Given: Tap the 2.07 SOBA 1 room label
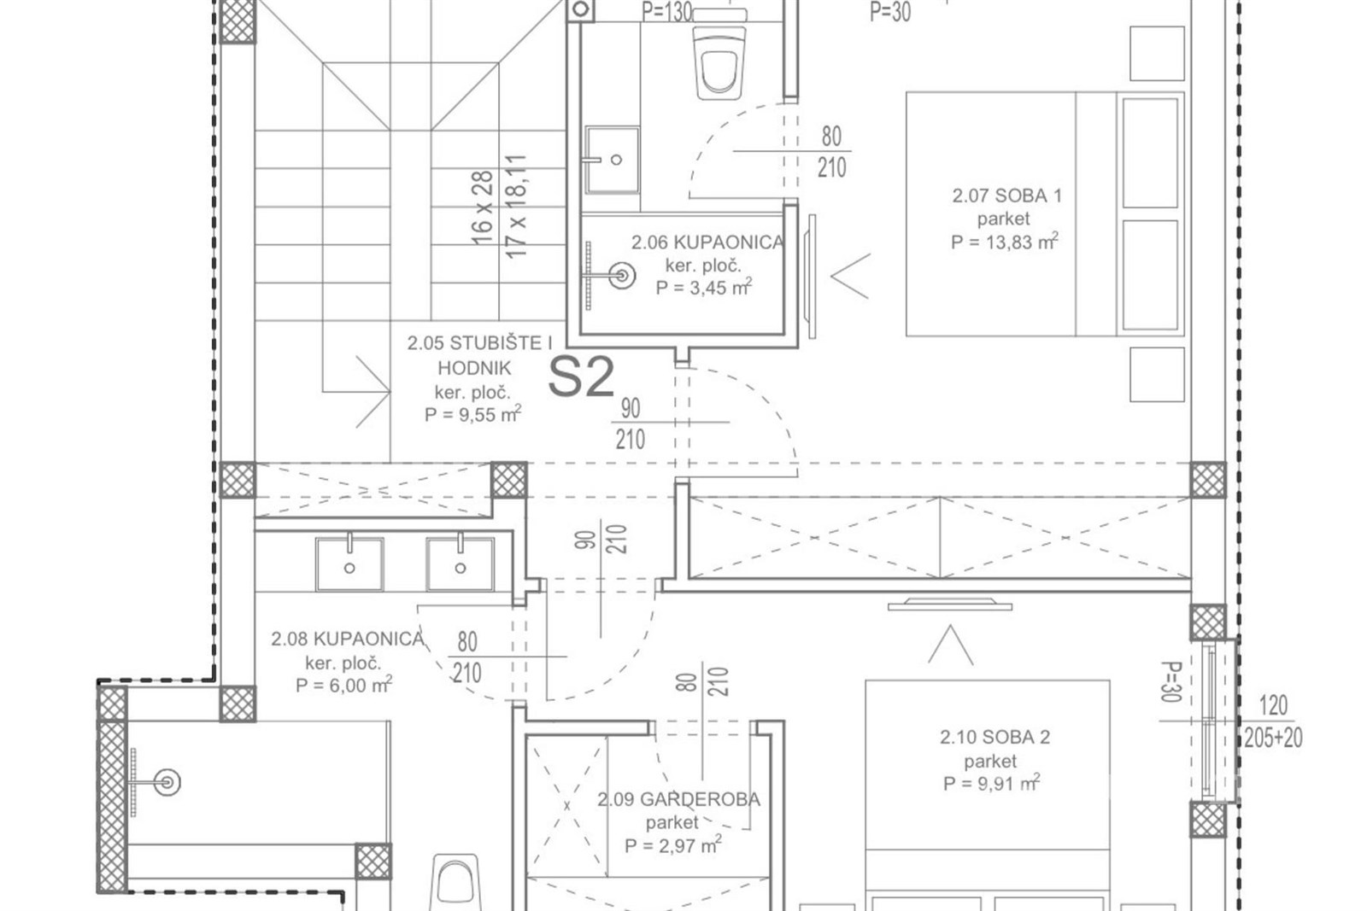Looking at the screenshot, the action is (x=1007, y=196).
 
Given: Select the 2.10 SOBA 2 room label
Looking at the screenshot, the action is (x=994, y=737).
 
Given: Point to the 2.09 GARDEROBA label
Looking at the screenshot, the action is (x=678, y=799).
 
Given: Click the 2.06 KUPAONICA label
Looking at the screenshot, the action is (x=708, y=242).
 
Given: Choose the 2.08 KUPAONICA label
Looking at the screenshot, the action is (x=347, y=639).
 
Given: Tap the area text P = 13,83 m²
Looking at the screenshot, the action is (x=1005, y=242).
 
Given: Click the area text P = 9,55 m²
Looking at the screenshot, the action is (x=473, y=414).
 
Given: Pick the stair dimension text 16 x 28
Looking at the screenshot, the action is (x=482, y=208).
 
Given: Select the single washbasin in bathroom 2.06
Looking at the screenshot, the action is (x=612, y=160).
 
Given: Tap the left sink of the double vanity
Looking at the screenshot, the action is (x=349, y=564).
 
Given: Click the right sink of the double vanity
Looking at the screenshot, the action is (x=461, y=564).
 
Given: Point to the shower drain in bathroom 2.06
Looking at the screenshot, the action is (x=622, y=276).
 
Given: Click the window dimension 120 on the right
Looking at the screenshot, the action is (x=1273, y=705).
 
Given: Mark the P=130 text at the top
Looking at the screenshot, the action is (x=667, y=12).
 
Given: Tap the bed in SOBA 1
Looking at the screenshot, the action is (x=1045, y=214).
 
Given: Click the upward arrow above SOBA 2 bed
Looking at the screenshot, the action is (x=951, y=645).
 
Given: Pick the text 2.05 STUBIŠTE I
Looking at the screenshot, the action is (x=479, y=343).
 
